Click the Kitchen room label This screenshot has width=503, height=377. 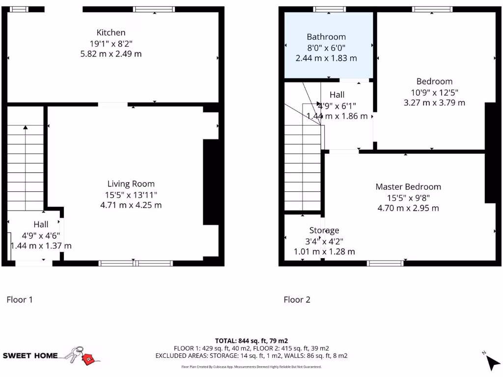pos(111,32)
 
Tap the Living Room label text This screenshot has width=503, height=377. pos(131,184)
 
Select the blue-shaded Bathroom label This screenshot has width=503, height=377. pos(326,37)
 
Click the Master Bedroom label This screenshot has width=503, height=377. pos(408,187)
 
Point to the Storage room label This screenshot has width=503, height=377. pos(324,230)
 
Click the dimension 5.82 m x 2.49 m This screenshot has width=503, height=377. pos(111,54)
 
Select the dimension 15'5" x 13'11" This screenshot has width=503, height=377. pos(131,194)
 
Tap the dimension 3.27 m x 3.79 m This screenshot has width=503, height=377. pos(434,103)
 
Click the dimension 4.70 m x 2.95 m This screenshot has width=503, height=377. pos(408,208)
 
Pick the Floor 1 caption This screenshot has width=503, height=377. pos(20,299)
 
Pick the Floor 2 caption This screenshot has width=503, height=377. pos(297,299)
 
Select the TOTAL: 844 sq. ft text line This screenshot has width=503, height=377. pos(251,341)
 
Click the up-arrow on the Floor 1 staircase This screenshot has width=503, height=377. pos(25,128)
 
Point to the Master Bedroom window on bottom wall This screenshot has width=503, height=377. pos(386,263)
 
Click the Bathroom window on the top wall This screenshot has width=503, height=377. pos(330,9)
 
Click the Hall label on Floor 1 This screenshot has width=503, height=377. pos(41,224)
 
